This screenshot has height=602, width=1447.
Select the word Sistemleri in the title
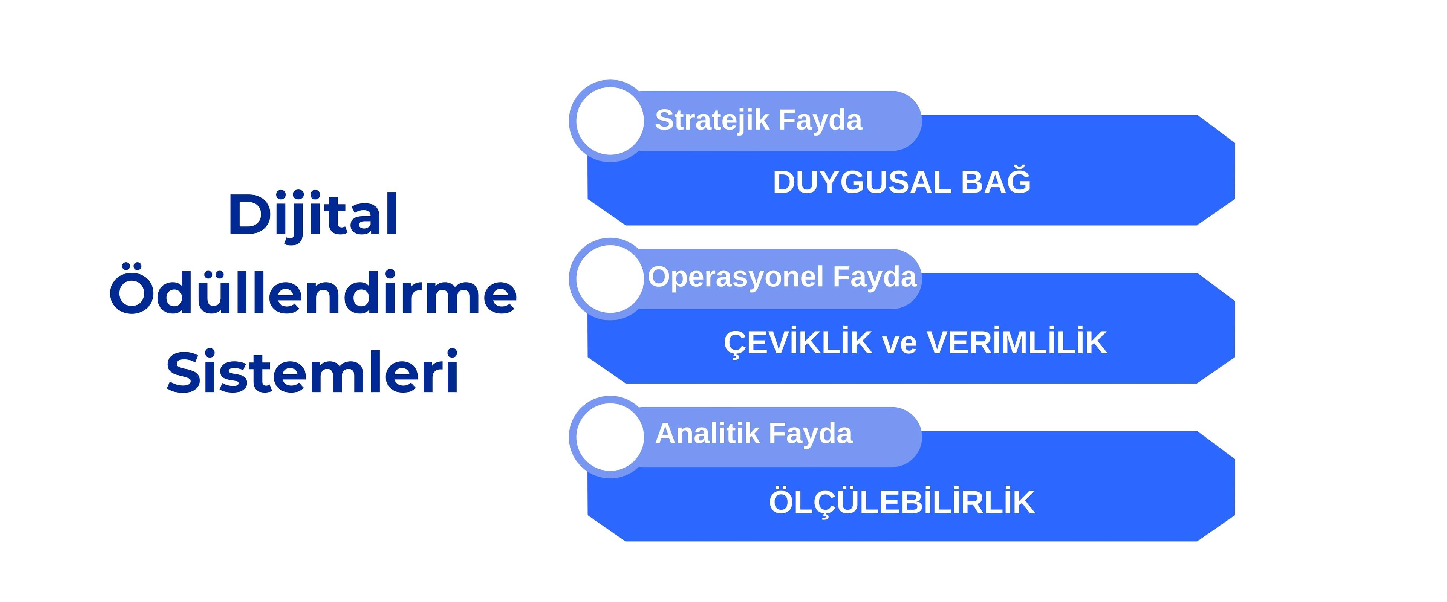coord(313,371)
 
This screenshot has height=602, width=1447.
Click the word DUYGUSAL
coord(862,182)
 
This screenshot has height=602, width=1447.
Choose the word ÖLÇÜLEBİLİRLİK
coord(902,501)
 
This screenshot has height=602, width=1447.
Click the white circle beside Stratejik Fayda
coord(610,121)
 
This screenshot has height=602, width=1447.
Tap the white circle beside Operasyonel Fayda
coord(610,279)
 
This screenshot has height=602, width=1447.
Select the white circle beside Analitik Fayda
coord(610,437)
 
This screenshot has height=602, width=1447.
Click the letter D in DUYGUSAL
coord(785,182)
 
